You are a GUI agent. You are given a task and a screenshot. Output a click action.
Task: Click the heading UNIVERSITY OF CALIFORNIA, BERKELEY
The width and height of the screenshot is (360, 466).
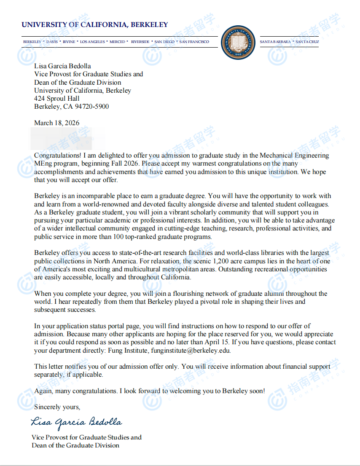(x=95, y=25)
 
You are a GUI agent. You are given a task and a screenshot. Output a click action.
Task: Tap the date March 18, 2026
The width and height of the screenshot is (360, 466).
(x=56, y=123)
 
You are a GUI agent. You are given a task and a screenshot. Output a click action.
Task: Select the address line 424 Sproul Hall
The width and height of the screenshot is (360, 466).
(x=56, y=99)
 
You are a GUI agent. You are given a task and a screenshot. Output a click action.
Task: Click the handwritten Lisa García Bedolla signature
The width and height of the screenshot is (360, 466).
(x=76, y=422)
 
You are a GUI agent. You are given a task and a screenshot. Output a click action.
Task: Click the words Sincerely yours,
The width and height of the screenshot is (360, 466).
(x=57, y=407)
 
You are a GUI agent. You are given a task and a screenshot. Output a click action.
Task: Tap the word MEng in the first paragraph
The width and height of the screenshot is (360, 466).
(x=43, y=163)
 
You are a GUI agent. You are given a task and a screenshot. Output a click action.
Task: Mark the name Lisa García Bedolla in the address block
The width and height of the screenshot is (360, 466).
(x=62, y=66)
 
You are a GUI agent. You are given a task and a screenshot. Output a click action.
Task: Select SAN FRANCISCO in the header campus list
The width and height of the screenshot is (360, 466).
(x=194, y=42)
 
